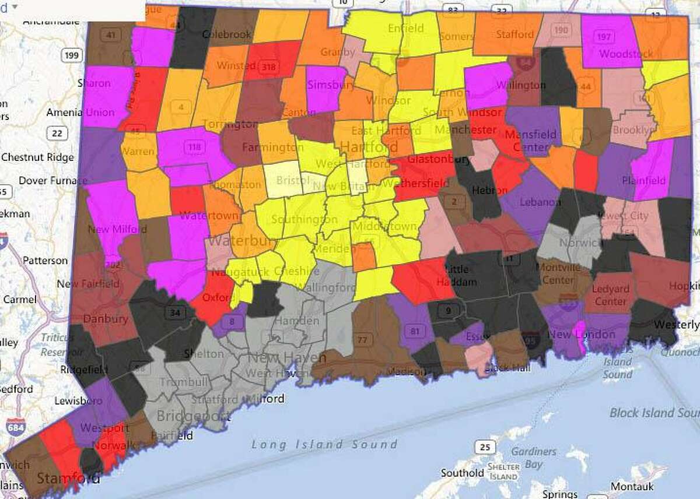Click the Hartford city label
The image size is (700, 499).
coord(361,146)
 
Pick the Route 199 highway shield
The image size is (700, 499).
coord(72,56)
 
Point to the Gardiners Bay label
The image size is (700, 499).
coord(527,458)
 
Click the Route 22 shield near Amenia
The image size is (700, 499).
coord(57,133)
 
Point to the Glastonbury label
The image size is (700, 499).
coord(423,159)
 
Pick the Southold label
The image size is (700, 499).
coord(463,473)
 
